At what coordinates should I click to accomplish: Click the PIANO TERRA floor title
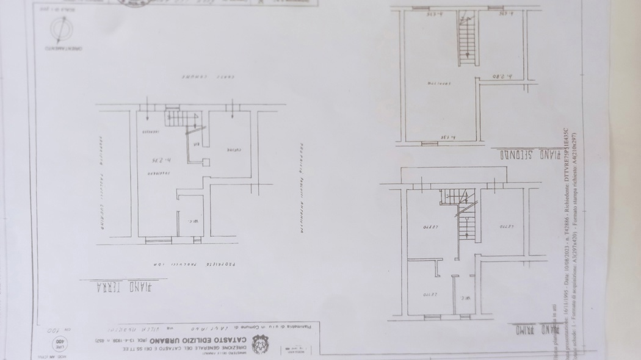pos(119,286)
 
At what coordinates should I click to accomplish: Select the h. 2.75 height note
pos(160,160)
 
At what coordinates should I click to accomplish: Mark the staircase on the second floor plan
pos(467,38)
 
